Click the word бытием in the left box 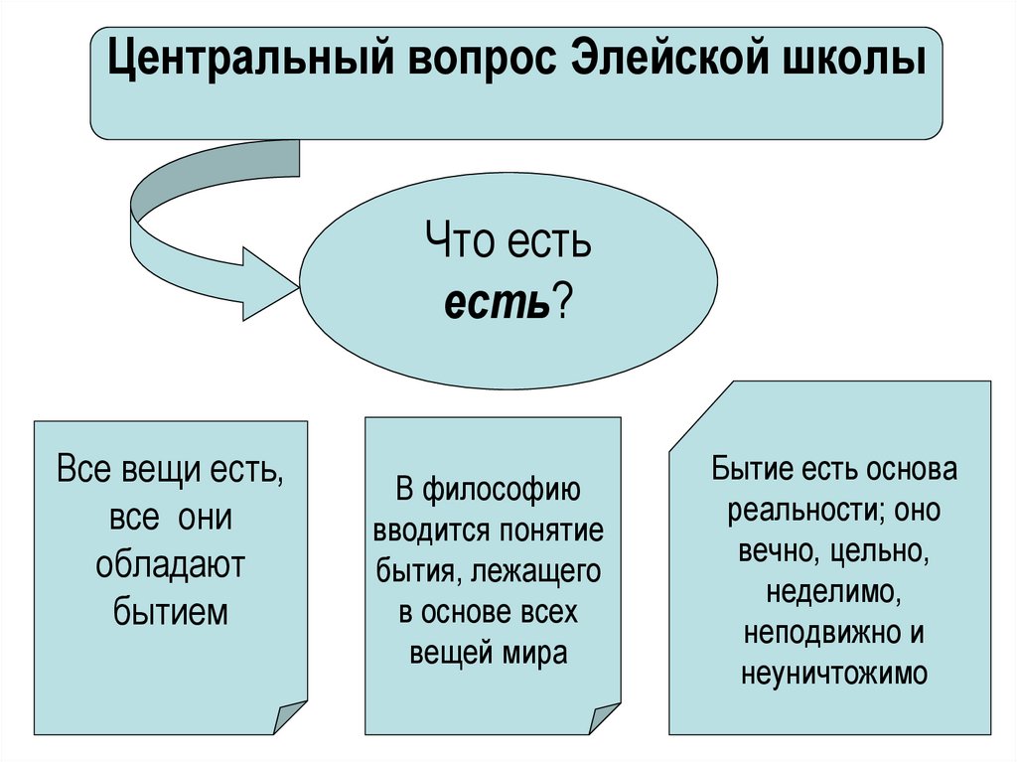[x=170, y=611]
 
